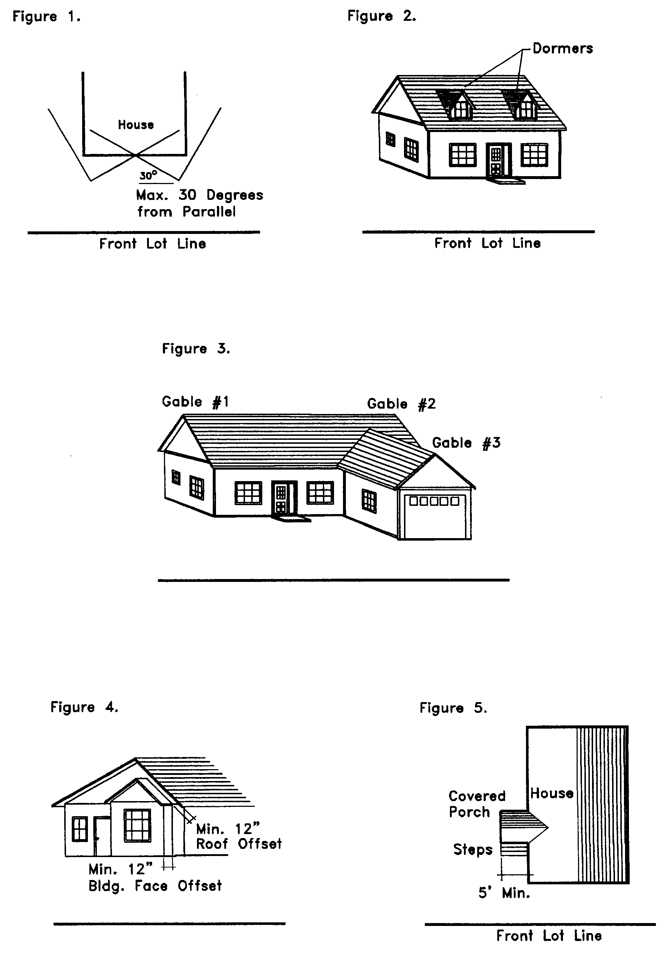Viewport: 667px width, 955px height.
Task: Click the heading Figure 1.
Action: point(46,17)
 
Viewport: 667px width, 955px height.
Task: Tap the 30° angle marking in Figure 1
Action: point(148,175)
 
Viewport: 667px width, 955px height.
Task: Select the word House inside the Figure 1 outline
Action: point(136,125)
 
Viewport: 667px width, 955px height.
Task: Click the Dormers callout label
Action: point(563,49)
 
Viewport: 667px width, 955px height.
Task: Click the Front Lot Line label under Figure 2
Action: point(487,243)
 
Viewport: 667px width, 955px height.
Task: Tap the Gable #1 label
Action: point(195,402)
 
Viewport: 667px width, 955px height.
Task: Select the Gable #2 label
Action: point(401,404)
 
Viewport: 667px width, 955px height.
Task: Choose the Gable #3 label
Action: point(466,443)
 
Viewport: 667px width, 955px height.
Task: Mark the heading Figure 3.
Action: point(196,349)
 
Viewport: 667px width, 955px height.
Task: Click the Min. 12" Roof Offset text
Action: point(239,837)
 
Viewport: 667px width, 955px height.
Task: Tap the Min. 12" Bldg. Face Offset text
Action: point(155,878)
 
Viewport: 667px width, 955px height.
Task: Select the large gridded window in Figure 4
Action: point(137,825)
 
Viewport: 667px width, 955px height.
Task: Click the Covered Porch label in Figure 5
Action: point(477,804)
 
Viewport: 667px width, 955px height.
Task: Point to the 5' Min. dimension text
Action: point(504,893)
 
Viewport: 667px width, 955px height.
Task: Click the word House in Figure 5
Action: point(552,793)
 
